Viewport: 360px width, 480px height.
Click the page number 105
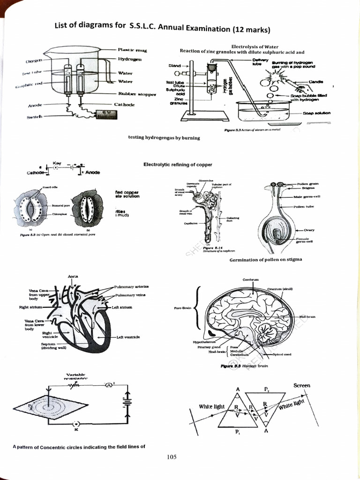pyautogui.click(x=171, y=457)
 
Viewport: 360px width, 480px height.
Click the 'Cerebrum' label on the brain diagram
pyautogui.click(x=251, y=279)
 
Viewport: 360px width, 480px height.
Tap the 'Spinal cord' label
pyautogui.click(x=282, y=354)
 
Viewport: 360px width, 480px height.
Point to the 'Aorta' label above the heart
pyautogui.click(x=73, y=277)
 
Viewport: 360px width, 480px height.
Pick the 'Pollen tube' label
pyautogui.click(x=303, y=206)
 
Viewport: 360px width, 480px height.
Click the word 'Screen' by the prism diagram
pyautogui.click(x=301, y=385)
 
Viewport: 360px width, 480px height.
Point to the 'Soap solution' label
pyautogui.click(x=316, y=113)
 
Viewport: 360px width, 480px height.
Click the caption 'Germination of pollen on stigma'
pyautogui.click(x=265, y=260)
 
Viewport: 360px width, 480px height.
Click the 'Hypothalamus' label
pyautogui.click(x=203, y=342)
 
